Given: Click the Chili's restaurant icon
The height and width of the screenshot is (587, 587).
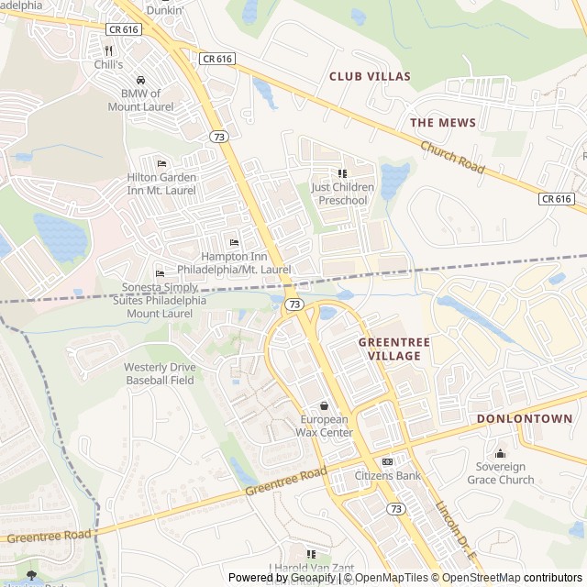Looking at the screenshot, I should (108, 51).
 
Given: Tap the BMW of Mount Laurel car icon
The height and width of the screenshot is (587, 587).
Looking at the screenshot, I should (140, 80).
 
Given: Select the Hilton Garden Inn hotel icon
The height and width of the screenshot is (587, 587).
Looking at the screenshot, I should (161, 163).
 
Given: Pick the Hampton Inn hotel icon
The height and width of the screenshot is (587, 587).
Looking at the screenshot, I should (234, 242).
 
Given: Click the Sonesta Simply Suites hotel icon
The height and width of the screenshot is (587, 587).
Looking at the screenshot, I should (160, 273).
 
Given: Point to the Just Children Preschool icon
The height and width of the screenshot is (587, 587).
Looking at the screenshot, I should (342, 172).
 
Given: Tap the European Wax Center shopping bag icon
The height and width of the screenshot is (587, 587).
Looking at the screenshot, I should (323, 405).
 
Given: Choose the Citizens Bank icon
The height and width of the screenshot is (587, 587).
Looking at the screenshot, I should (387, 461).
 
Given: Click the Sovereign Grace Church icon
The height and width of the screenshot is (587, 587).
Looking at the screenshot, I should (500, 453).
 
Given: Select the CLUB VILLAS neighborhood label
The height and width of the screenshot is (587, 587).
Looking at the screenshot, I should (370, 76).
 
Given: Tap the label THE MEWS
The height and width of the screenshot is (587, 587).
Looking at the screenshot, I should (442, 122).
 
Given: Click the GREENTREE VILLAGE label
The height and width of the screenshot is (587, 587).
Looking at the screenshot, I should (390, 349).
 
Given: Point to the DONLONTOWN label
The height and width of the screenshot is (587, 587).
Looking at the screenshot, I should (525, 418).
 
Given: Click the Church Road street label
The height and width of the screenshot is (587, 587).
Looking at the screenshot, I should (452, 158).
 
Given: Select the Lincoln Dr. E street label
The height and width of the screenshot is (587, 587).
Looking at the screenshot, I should (455, 532).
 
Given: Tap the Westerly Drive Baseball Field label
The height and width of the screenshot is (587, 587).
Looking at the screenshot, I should (160, 373).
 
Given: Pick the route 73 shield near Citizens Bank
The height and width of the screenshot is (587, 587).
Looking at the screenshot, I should (395, 508).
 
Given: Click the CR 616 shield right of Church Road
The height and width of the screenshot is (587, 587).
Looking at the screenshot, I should (556, 198).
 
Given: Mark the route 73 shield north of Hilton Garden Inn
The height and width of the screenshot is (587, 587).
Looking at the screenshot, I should (218, 137).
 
